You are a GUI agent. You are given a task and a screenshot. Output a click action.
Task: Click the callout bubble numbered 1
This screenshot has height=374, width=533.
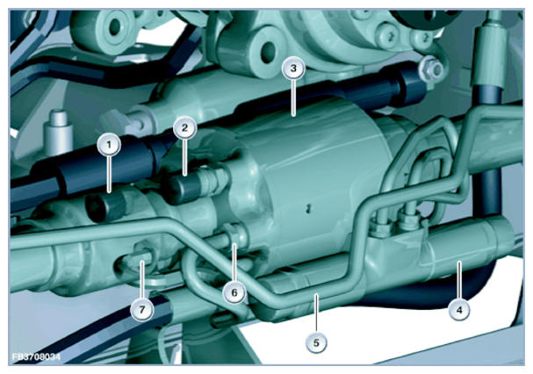pyautogui.click(x=109, y=145)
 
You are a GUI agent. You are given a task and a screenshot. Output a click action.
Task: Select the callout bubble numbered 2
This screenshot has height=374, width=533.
pyautogui.click(x=184, y=128)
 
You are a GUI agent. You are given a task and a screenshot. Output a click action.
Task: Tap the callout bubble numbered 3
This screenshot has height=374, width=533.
pyautogui.click(x=293, y=68)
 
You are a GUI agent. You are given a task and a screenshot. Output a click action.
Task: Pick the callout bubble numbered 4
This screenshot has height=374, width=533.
pyautogui.click(x=459, y=310)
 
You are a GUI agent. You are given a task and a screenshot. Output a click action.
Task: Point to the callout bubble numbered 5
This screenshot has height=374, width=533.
pyautogui.click(x=316, y=342)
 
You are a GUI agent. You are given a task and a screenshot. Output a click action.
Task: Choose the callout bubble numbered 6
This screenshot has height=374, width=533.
pyautogui.click(x=234, y=292)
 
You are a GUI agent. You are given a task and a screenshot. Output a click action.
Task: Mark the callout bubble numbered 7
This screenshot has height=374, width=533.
pyautogui.click(x=141, y=309)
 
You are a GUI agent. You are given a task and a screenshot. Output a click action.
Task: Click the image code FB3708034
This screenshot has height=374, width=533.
pyautogui.click(x=36, y=357)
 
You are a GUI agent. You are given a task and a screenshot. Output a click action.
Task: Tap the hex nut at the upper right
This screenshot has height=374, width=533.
pyautogui.click(x=431, y=68)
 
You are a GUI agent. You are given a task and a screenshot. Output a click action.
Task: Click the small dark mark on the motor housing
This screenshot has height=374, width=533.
pyautogui.click(x=308, y=208)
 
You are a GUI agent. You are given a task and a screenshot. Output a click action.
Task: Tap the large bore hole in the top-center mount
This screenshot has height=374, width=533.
pyautogui.click(x=270, y=50)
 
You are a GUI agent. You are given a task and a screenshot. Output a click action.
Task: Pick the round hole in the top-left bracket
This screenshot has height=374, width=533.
pyautogui.click(x=114, y=26)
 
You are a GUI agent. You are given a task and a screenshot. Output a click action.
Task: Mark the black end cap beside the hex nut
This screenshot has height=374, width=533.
pyautogui.click(x=412, y=83)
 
